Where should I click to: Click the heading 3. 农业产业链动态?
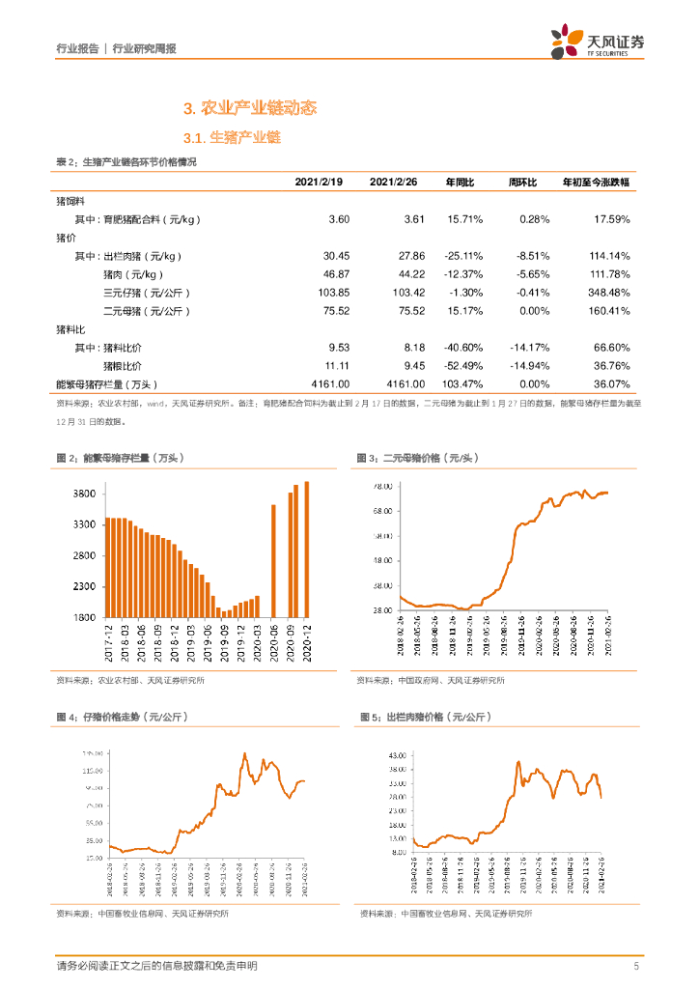[250, 108]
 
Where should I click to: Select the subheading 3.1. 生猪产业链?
[231, 138]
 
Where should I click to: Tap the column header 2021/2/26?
[393, 183]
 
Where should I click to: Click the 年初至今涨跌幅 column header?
[596, 183]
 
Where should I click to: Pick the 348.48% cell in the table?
[609, 292]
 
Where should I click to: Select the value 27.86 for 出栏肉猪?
[411, 256]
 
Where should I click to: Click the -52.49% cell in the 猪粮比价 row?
[462, 365]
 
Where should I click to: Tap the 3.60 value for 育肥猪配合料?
[339, 219]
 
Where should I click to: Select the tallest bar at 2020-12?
[306, 549]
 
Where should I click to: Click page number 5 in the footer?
[636, 966]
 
